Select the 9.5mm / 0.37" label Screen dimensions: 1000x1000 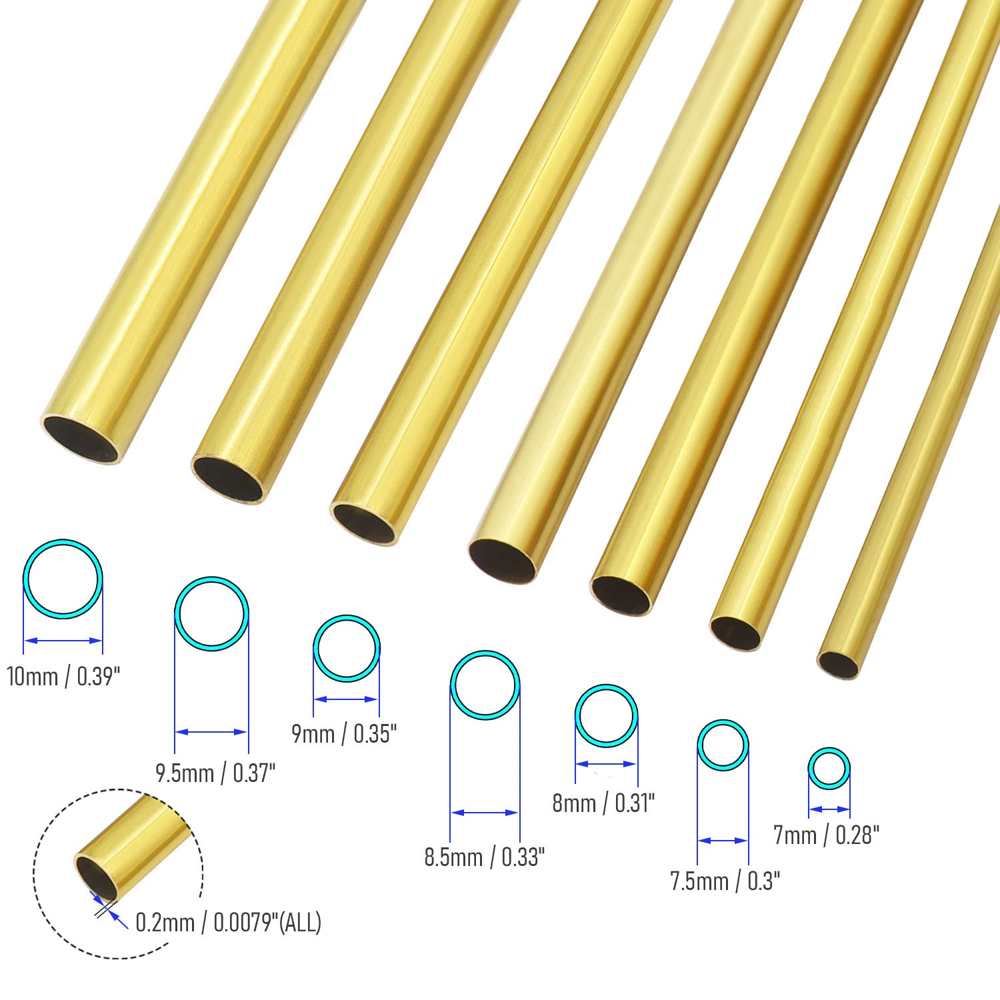(x=215, y=773)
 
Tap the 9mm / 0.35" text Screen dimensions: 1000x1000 (x=344, y=734)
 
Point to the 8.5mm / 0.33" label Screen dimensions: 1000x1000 (x=485, y=857)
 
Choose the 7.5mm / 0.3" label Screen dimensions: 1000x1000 (x=725, y=881)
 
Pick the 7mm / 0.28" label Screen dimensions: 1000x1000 (x=827, y=835)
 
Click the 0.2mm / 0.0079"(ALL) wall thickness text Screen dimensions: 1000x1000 (x=229, y=923)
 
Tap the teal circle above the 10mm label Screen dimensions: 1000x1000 (x=63, y=579)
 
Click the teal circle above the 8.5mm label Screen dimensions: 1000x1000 (x=485, y=684)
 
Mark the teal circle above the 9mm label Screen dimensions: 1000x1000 (x=347, y=648)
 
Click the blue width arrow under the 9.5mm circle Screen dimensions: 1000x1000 (x=212, y=731)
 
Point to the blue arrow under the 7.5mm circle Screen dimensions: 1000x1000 (x=723, y=841)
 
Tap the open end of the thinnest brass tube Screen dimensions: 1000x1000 (x=838, y=664)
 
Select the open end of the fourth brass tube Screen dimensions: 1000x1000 (x=502, y=560)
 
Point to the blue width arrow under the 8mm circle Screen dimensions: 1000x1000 (x=606, y=764)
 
